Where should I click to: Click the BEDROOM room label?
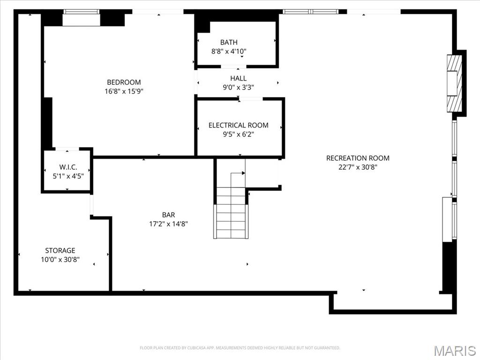point(124,82)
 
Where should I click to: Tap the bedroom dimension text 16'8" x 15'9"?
point(124,91)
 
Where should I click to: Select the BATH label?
point(229,42)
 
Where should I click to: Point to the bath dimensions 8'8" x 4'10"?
point(229,51)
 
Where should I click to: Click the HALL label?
point(238,78)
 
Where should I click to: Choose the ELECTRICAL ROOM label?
point(239,125)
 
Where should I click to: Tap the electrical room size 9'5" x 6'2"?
point(239,134)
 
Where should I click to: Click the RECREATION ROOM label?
point(358,158)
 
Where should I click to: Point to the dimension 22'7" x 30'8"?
point(358,167)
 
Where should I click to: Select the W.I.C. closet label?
point(68,167)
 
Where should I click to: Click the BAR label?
point(169,215)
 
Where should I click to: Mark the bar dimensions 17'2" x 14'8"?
point(169,224)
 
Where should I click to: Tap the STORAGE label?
point(60,250)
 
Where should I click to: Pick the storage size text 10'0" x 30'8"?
point(60,259)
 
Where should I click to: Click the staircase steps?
point(231,213)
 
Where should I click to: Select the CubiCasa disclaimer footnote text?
point(240,348)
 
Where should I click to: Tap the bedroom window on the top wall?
point(82,18)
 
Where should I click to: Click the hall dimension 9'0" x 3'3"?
point(238,87)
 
